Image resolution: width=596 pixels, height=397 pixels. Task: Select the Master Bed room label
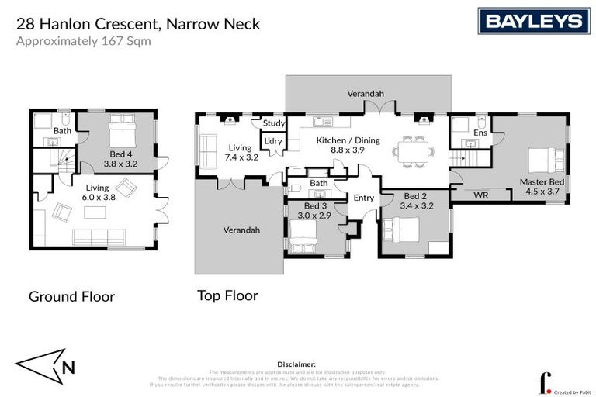(540, 188)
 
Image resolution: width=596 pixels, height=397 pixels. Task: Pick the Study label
(273, 123)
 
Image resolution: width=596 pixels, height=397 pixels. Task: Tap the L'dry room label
(272, 142)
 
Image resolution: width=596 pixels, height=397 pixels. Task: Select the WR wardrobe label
(480, 195)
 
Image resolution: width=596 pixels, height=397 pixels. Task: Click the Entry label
(363, 198)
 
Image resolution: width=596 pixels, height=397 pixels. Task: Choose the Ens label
(480, 133)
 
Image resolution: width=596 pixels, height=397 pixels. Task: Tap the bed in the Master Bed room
(542, 159)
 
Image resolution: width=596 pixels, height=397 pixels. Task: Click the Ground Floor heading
(71, 296)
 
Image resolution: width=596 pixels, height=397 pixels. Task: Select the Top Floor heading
(227, 295)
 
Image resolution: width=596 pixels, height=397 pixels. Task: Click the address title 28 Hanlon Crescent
(137, 24)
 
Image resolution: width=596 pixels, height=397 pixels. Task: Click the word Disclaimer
(296, 364)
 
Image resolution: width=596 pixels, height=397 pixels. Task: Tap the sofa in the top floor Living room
(209, 147)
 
